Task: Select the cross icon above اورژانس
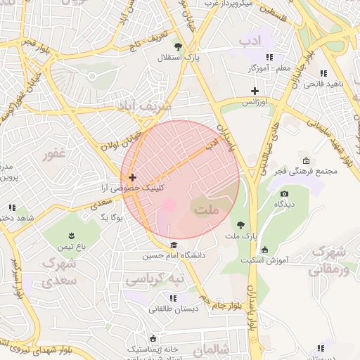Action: coord(255,91)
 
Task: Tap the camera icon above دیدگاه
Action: coord(284,193)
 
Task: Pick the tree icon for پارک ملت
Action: coord(241,226)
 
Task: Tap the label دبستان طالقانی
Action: coord(169,309)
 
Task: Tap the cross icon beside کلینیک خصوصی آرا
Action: coord(131,178)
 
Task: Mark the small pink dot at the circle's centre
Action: coord(169,205)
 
